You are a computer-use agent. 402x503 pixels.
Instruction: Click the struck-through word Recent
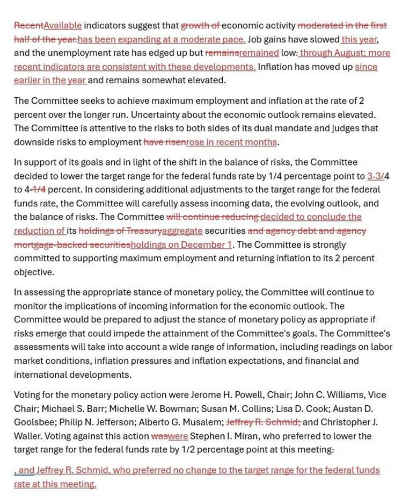(28, 25)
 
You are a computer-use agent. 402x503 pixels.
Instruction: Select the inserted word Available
(63, 25)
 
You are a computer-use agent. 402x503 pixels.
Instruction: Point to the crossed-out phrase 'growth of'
(201, 25)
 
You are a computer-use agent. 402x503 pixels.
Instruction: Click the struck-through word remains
(222, 53)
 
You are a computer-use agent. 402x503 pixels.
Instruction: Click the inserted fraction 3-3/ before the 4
(376, 176)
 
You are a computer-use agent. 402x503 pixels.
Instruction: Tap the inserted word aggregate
(182, 231)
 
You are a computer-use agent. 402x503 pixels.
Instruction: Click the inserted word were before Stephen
(178, 436)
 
